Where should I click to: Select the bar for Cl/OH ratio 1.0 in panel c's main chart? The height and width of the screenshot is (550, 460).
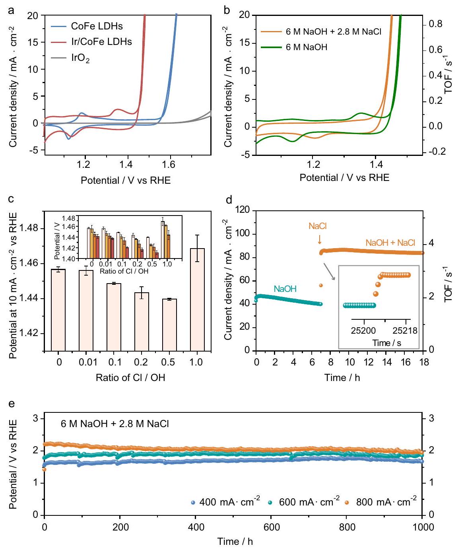tap(198, 299)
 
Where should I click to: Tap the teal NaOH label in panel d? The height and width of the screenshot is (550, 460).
tap(285, 289)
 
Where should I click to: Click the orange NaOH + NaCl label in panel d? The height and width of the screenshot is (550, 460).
tap(390, 243)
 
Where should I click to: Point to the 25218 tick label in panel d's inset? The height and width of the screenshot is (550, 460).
tap(405, 330)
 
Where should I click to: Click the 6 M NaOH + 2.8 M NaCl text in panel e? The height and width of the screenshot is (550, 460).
tap(115, 424)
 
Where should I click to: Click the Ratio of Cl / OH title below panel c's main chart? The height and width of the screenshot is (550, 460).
tap(130, 377)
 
